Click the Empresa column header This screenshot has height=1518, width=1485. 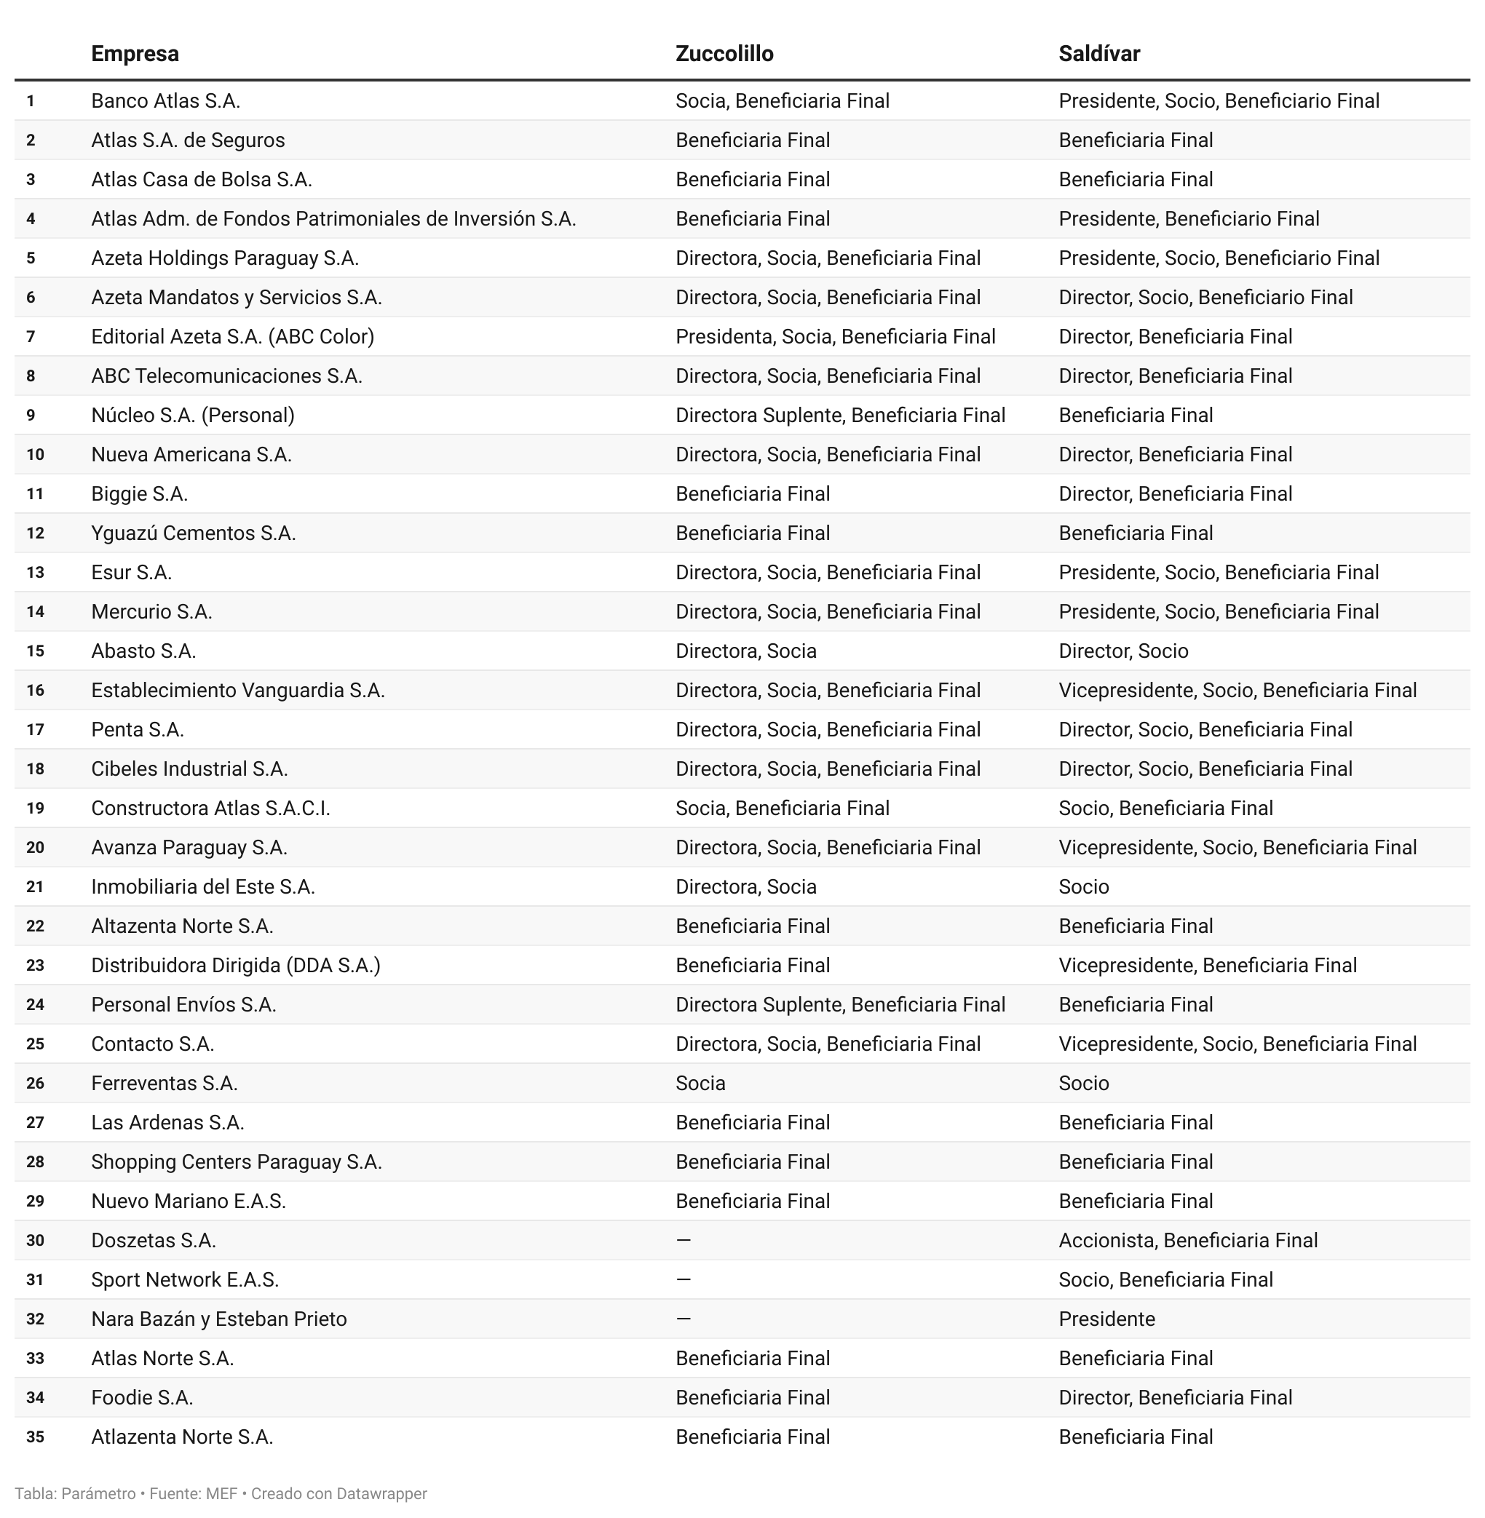(135, 54)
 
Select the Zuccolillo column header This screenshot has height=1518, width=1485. (724, 54)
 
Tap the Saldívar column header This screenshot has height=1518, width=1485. (1098, 54)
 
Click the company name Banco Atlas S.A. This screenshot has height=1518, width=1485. (165, 101)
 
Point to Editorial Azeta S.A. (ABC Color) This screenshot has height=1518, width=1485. (232, 337)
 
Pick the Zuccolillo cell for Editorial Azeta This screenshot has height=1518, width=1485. (834, 337)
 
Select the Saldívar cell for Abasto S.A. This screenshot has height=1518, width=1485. (1122, 651)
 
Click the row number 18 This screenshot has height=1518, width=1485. (35, 768)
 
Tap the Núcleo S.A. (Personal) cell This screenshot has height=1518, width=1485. (193, 416)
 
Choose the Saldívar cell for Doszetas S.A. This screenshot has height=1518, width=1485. (1187, 1241)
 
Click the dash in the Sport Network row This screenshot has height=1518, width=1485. (684, 1279)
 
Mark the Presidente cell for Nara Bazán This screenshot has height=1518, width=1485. (1106, 1319)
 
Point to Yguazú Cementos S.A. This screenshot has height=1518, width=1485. (194, 533)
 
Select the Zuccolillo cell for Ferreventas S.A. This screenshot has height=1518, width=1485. (700, 1083)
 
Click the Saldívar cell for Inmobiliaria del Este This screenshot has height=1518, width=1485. (1083, 886)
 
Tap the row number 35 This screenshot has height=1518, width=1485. (35, 1437)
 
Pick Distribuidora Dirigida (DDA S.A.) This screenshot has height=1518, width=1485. (236, 965)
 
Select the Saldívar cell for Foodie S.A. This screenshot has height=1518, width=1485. (1175, 1397)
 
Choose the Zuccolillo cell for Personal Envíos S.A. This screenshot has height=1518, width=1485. (839, 1004)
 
